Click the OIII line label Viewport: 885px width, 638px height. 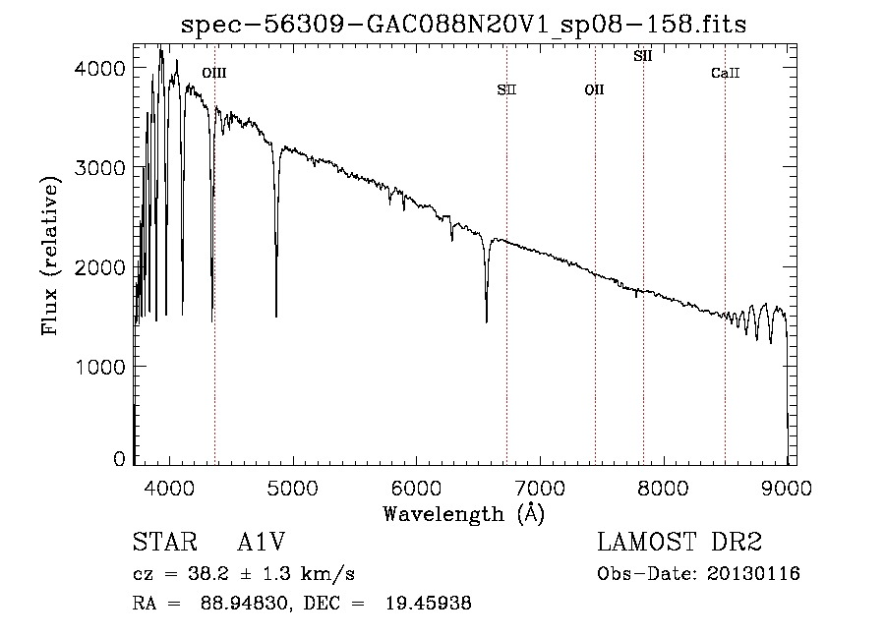tap(213, 73)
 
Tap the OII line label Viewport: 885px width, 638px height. tap(594, 90)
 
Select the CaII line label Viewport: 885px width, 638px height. tap(725, 73)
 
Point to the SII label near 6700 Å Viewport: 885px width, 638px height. tap(506, 90)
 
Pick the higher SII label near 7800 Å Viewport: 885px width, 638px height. tap(642, 56)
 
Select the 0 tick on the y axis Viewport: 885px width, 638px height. tap(119, 459)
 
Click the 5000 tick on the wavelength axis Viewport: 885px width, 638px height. tap(292, 487)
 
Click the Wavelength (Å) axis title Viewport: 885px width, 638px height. tap(463, 513)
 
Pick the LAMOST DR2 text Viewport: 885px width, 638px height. tap(679, 544)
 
